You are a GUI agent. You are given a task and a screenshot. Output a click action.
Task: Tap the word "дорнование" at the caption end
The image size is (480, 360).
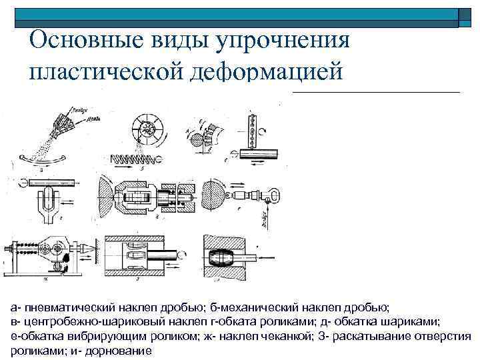[x=121, y=350]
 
